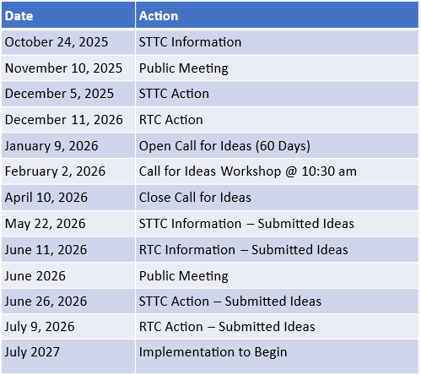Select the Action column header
[x=159, y=15]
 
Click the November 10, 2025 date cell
[x=63, y=68]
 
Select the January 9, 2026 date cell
[x=51, y=145]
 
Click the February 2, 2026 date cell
[x=55, y=171]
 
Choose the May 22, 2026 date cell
[x=45, y=224]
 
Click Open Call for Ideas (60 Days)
[x=224, y=145]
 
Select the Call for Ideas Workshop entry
[x=247, y=171]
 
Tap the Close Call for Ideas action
[x=195, y=198]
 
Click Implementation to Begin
[x=213, y=351]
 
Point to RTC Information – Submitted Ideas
[x=243, y=249]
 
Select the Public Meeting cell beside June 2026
[x=183, y=275]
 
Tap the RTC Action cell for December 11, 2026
[x=170, y=119]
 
